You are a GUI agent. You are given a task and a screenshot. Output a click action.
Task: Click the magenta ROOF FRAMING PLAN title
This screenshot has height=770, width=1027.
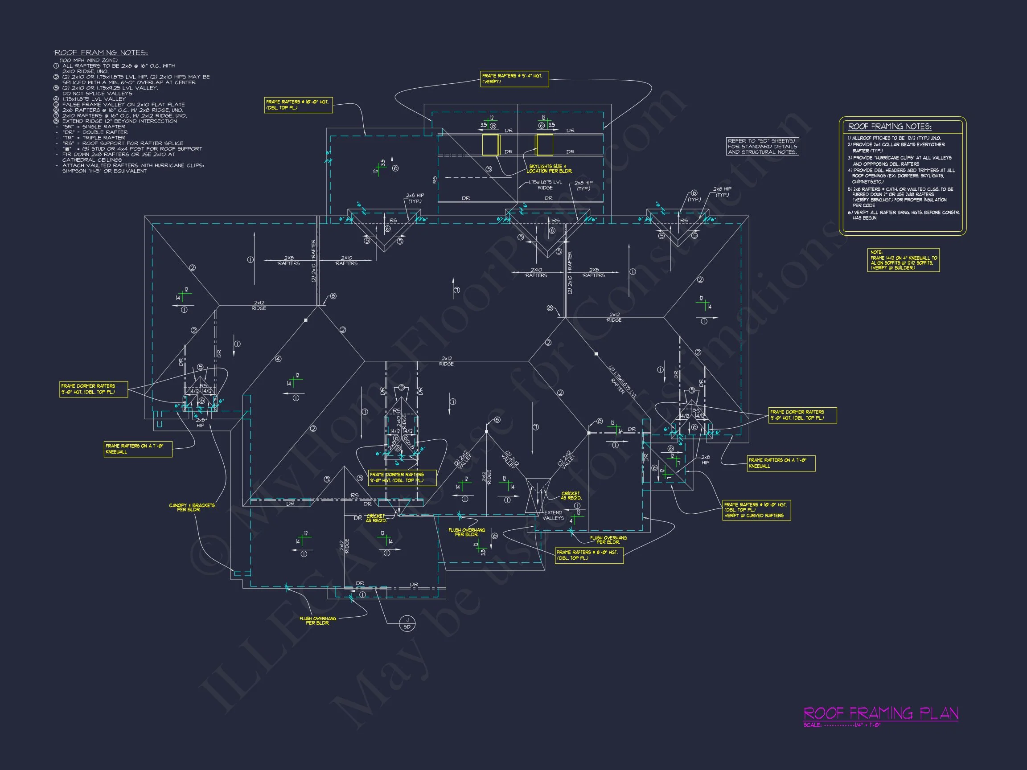tap(881, 713)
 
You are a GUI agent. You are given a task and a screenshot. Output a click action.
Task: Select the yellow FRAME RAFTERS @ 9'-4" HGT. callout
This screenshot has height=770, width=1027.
tap(514, 78)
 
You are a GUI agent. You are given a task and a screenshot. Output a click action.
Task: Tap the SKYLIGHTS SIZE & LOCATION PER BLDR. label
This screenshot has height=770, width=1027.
tap(549, 168)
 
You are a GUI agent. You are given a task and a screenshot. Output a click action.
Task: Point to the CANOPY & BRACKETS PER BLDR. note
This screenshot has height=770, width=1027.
tap(192, 507)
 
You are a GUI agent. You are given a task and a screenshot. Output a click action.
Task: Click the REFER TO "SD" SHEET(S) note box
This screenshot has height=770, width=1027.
tap(762, 146)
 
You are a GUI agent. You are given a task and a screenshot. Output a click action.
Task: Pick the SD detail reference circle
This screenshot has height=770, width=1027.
tap(407, 624)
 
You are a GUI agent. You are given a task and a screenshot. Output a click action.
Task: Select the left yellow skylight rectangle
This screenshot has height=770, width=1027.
tap(490, 145)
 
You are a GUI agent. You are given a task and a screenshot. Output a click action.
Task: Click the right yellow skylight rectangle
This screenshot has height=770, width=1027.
tap(544, 145)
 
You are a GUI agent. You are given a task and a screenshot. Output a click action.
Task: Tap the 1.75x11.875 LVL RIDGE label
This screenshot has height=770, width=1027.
tap(545, 185)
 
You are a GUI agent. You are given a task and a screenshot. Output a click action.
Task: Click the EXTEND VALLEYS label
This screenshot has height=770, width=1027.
tap(553, 515)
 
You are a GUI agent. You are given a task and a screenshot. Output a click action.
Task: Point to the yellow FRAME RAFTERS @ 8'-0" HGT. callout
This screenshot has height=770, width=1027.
tap(589, 555)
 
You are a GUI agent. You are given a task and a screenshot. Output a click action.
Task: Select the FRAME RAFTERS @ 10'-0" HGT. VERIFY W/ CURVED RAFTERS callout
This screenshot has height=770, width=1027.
tap(756, 510)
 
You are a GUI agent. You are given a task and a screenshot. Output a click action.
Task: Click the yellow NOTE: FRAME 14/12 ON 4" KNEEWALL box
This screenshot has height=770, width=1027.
tap(903, 260)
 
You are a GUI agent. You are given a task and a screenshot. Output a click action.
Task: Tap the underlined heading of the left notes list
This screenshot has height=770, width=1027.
tap(101, 53)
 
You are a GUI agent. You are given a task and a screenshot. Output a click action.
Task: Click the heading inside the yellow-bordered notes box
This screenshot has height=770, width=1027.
tap(889, 126)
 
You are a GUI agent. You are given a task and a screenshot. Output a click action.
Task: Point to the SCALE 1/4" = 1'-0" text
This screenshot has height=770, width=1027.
tap(842, 725)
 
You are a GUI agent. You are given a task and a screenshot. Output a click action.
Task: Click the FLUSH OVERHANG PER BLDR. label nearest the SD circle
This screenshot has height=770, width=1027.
tap(317, 621)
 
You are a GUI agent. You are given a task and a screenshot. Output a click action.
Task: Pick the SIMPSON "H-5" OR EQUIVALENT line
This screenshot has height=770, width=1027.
tap(104, 171)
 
